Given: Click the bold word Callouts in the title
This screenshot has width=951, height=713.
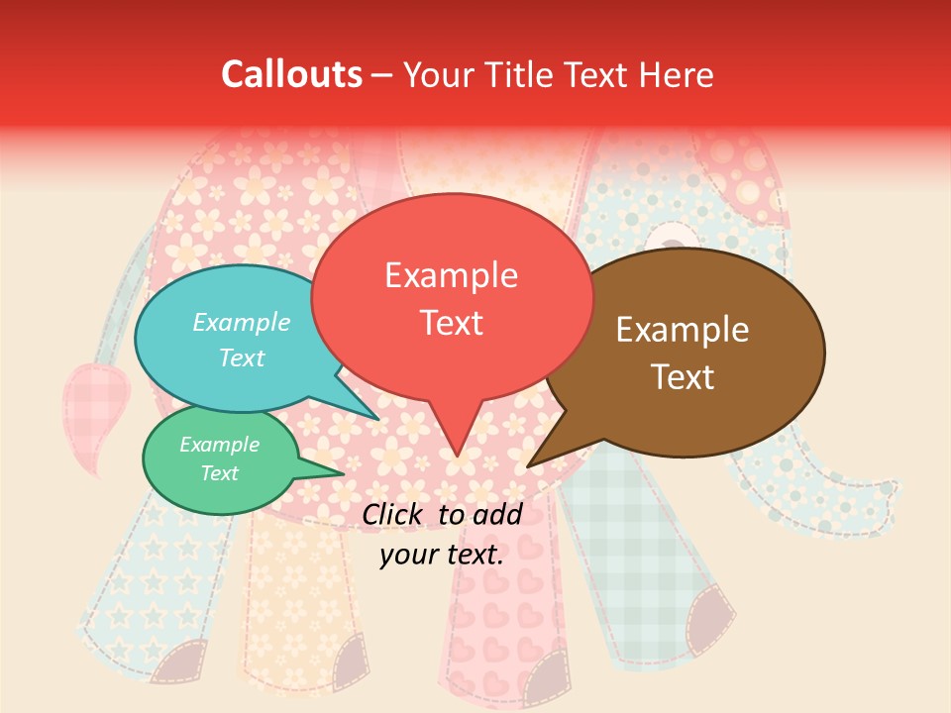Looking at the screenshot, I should (x=291, y=74).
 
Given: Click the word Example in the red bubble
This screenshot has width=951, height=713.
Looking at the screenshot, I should (x=451, y=275).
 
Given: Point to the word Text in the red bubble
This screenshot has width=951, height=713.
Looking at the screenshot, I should (x=451, y=323).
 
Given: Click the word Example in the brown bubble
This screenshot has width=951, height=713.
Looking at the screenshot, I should (x=683, y=330).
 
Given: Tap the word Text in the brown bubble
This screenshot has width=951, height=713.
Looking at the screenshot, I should (x=683, y=376).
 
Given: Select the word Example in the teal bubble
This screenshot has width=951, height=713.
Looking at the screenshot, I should (x=242, y=322).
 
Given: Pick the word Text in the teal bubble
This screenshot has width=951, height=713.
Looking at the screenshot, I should (x=242, y=357).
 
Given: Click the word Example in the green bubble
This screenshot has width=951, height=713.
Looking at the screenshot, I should (x=220, y=445).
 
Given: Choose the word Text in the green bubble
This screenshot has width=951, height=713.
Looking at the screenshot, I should (x=220, y=473).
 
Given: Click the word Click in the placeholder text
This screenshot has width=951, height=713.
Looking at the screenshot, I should (x=395, y=514).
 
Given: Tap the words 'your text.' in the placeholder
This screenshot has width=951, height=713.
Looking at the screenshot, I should (x=442, y=555).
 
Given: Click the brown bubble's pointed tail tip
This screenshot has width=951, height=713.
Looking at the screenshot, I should (x=529, y=465).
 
